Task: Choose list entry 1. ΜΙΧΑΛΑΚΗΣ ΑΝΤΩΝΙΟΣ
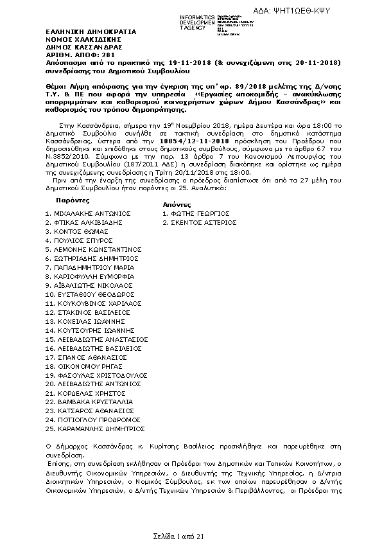pos(88,213)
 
